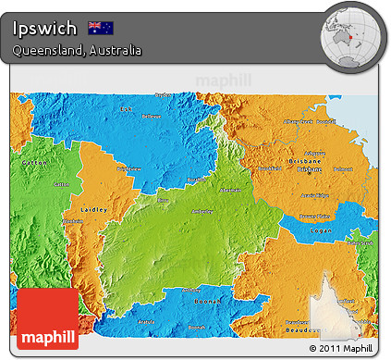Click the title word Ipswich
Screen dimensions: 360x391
pyautogui.click(x=44, y=27)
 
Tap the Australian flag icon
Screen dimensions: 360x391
pyautogui.click(x=100, y=27)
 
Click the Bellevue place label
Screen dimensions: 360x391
pyautogui.click(x=150, y=117)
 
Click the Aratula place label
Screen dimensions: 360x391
pyautogui.click(x=146, y=321)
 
